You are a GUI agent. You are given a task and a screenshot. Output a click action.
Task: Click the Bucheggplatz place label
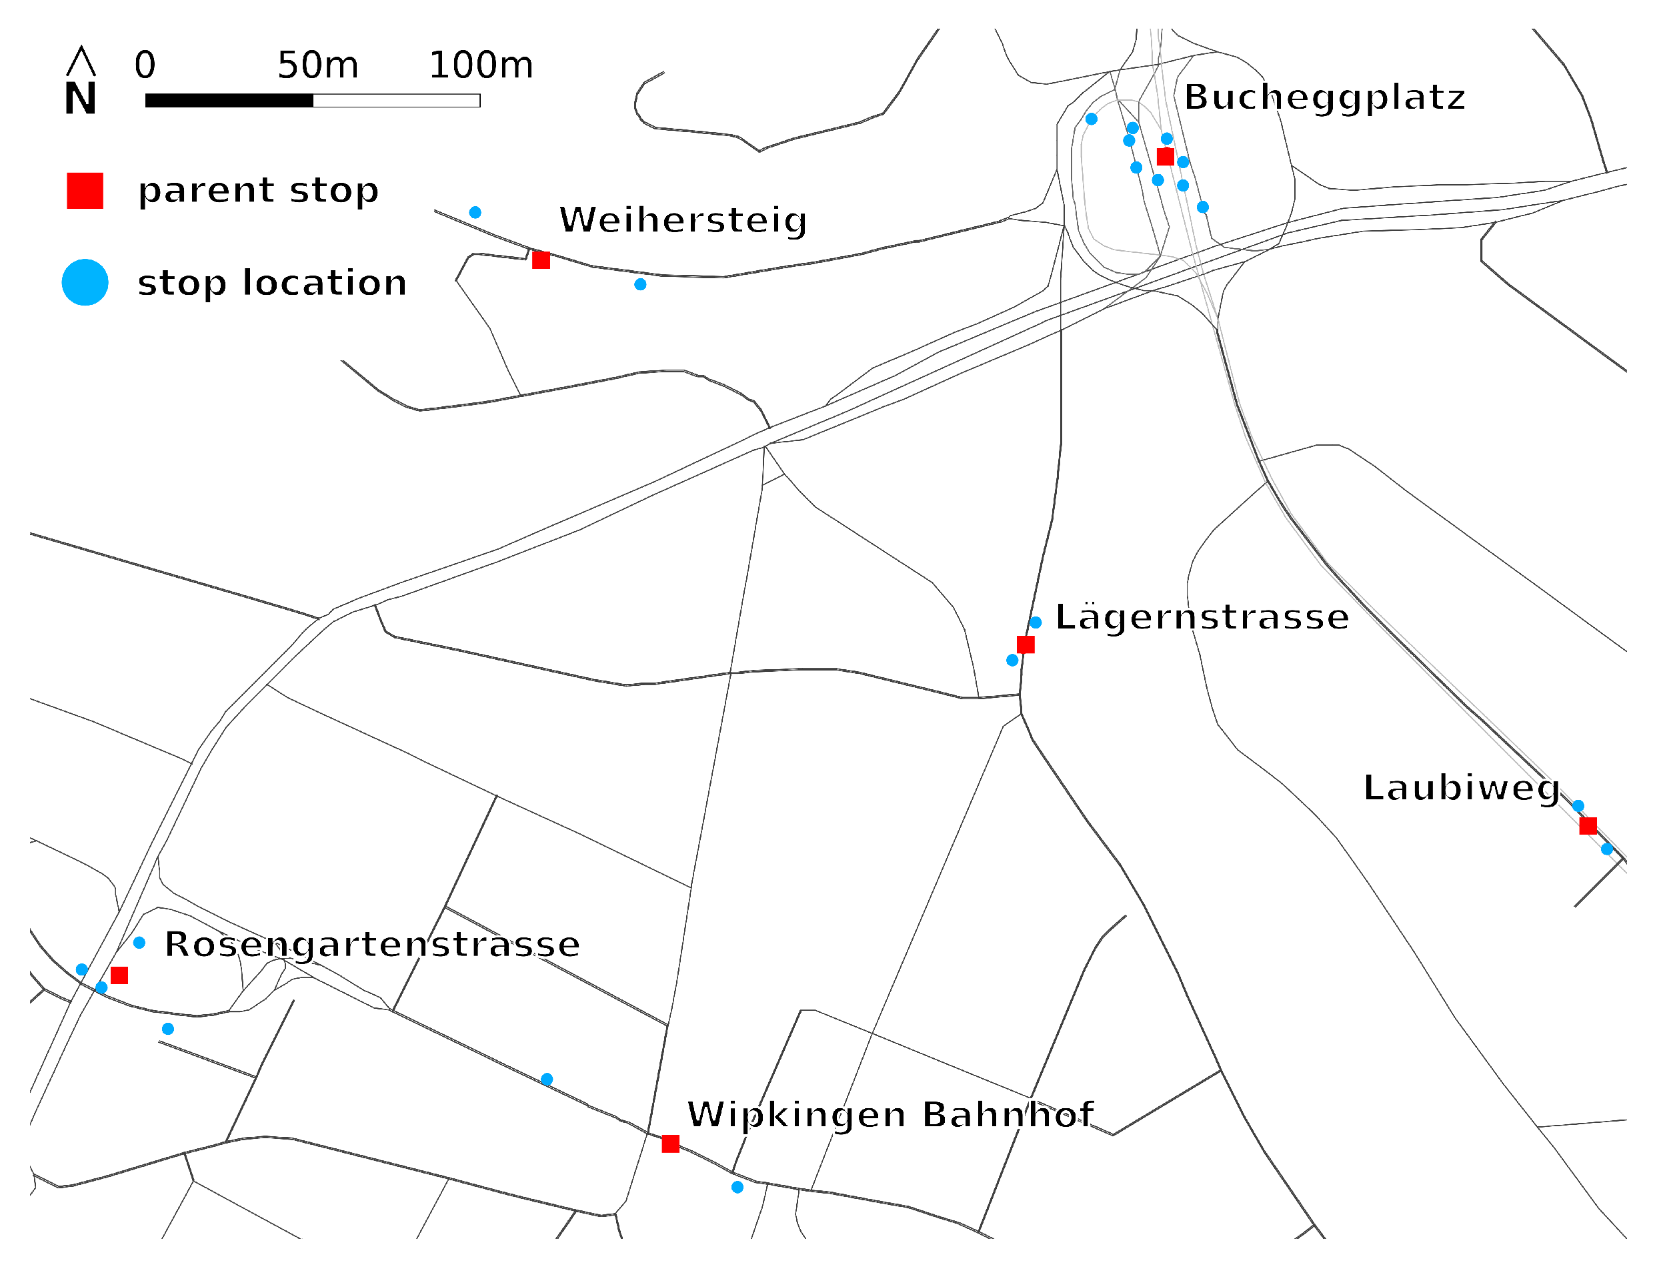coord(1324,97)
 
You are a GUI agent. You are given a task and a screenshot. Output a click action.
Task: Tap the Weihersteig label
coord(683,220)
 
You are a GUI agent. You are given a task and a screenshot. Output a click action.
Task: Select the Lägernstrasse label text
coord(1202,617)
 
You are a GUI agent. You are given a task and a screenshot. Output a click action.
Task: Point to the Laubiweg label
coord(1461,789)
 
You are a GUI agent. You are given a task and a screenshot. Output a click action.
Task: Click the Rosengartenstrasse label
coord(372,945)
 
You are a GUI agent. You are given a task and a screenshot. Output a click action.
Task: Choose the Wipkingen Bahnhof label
coord(890,1115)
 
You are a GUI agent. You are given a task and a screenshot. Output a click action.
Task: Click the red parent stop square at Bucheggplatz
coord(1165,157)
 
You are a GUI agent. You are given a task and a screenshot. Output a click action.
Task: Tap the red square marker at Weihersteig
coord(541,260)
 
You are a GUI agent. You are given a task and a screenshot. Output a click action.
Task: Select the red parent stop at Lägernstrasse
coord(1026,645)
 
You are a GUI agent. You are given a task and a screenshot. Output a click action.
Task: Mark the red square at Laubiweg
coord(1588,826)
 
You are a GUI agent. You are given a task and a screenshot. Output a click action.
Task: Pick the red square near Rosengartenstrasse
coord(119,976)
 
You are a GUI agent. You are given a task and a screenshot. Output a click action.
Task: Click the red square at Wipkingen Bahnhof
coord(670,1144)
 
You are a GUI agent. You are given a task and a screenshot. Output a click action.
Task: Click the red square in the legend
coord(85,191)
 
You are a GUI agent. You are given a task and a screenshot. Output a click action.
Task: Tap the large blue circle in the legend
coord(85,282)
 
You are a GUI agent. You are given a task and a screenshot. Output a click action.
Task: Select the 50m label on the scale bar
coord(317,65)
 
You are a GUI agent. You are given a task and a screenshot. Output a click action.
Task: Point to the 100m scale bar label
coord(481,65)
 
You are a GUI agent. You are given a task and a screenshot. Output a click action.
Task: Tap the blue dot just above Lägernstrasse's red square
coord(1035,622)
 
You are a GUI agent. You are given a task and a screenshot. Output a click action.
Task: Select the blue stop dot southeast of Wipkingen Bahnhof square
coord(737,1188)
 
